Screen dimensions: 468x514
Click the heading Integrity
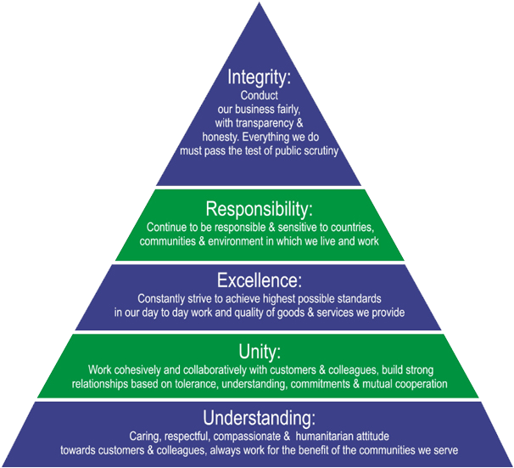pyautogui.click(x=260, y=78)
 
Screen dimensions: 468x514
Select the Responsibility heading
pyautogui.click(x=260, y=209)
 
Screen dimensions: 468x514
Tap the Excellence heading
pyautogui.click(x=260, y=280)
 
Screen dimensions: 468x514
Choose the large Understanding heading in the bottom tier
pyautogui.click(x=260, y=418)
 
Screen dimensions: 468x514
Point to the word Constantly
pyautogui.click(x=164, y=299)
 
